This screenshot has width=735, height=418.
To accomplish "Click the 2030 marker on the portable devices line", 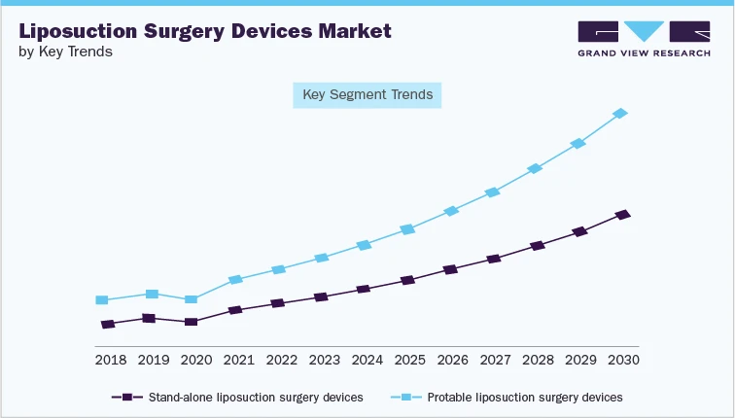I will pos(621,114).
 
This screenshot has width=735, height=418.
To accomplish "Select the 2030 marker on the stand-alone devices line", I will pos(622,214).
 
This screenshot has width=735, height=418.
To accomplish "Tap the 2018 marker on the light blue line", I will pos(101,300).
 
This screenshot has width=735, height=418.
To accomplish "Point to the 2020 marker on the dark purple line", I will pos(191,322).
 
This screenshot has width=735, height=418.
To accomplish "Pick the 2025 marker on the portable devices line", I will pos(407,229).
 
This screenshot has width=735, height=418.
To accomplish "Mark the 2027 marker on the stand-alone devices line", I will pos(493,260).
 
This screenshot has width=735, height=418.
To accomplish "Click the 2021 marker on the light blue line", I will pos(234,280).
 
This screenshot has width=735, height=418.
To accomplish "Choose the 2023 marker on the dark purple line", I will pos(321,296).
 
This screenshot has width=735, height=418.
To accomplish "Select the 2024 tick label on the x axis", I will pos(367,360).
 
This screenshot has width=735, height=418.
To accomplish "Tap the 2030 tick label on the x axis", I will pos(623,360).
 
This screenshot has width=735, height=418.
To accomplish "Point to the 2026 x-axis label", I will pos(452,360).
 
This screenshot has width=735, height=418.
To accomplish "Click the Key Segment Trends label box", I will pos(367,95).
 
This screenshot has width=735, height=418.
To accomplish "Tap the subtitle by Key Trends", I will pos(65,52).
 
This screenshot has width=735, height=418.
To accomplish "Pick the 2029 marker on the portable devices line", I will pos(578,144).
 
